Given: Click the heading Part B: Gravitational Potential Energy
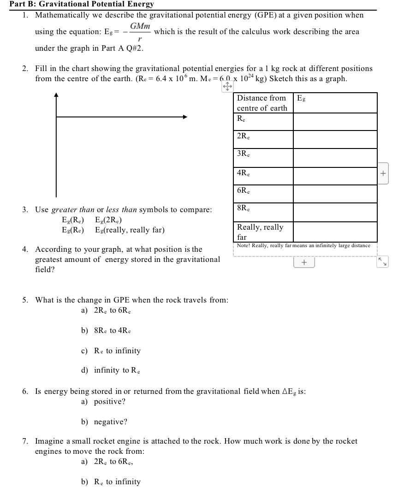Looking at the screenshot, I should [x=82, y=4].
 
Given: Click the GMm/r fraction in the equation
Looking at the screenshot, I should [x=140, y=32].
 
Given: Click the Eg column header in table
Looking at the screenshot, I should [x=302, y=98].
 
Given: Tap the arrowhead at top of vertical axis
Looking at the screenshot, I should [x=56, y=95].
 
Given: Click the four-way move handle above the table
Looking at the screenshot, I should [x=227, y=87].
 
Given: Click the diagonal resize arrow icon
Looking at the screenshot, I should [x=382, y=262].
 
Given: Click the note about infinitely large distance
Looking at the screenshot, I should [x=303, y=246].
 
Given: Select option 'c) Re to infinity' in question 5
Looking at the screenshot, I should [x=111, y=350].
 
